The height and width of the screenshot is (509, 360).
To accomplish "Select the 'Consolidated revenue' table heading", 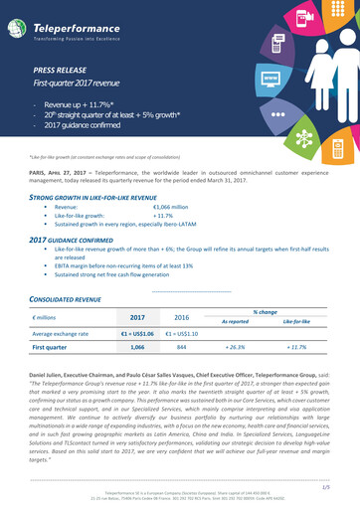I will (x=65, y=297).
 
